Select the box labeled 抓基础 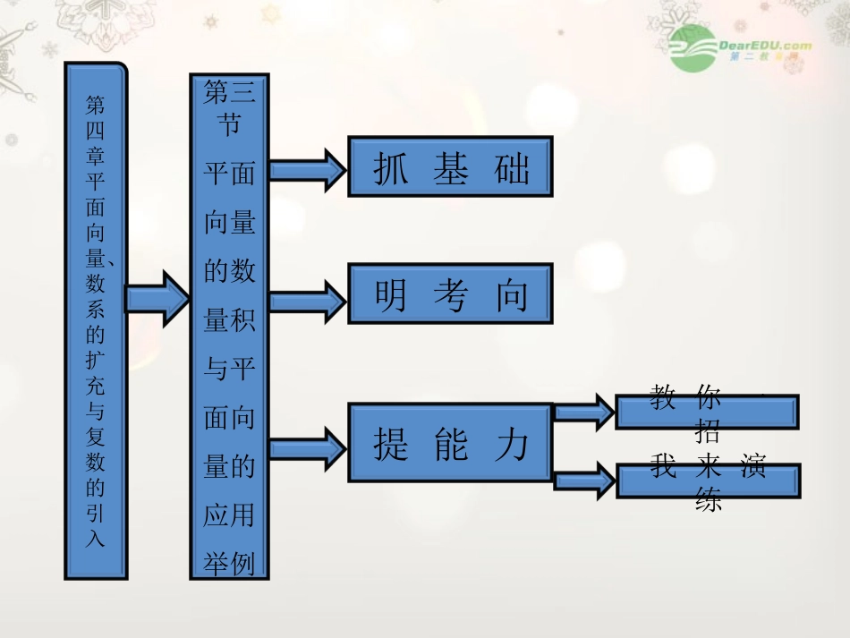(450, 166)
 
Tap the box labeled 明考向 (450, 293)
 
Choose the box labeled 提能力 (450, 443)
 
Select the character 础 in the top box (512, 168)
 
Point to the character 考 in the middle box (450, 295)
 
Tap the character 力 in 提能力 (512, 444)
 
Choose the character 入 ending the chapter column (95, 539)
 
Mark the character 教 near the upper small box (663, 397)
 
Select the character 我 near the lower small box (663, 466)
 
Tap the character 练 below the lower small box (708, 501)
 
